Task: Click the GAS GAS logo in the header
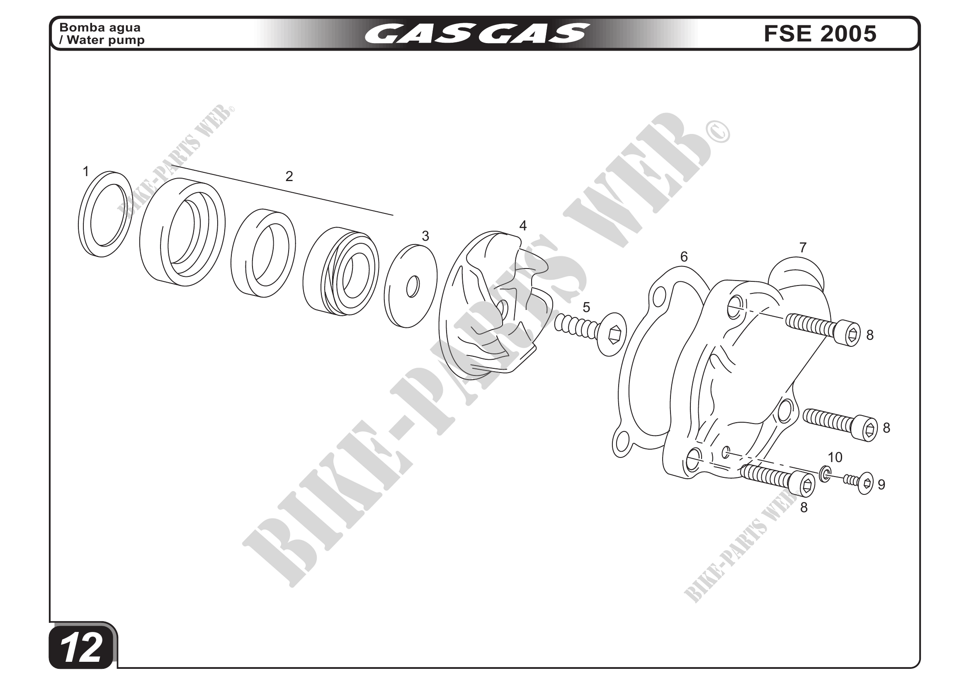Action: [x=477, y=34]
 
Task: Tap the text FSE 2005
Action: [x=820, y=34]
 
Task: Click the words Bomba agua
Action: [x=100, y=27]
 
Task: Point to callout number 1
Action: [x=86, y=172]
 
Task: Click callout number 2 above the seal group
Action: [x=289, y=176]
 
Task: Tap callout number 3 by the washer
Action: [x=425, y=236]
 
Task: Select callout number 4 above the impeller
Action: [x=523, y=226]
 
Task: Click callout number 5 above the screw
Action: [x=586, y=307]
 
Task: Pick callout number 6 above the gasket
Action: [x=684, y=257]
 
